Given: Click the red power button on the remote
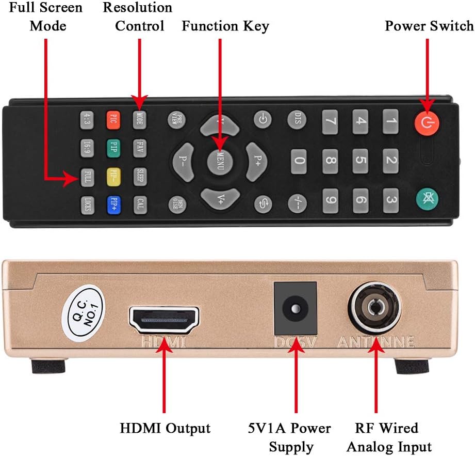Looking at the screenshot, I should tap(424, 122).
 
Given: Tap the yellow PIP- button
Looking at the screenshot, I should tap(113, 176).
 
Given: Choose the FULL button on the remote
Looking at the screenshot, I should tap(87, 178).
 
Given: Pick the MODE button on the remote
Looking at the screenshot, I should tap(139, 119).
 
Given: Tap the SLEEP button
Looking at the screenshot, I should tap(140, 176).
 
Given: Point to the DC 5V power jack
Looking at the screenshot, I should tap(294, 308).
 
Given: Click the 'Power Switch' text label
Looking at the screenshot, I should tap(429, 26).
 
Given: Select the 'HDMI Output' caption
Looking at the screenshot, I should tap(165, 428).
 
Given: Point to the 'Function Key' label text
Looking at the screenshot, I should tap(225, 26).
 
